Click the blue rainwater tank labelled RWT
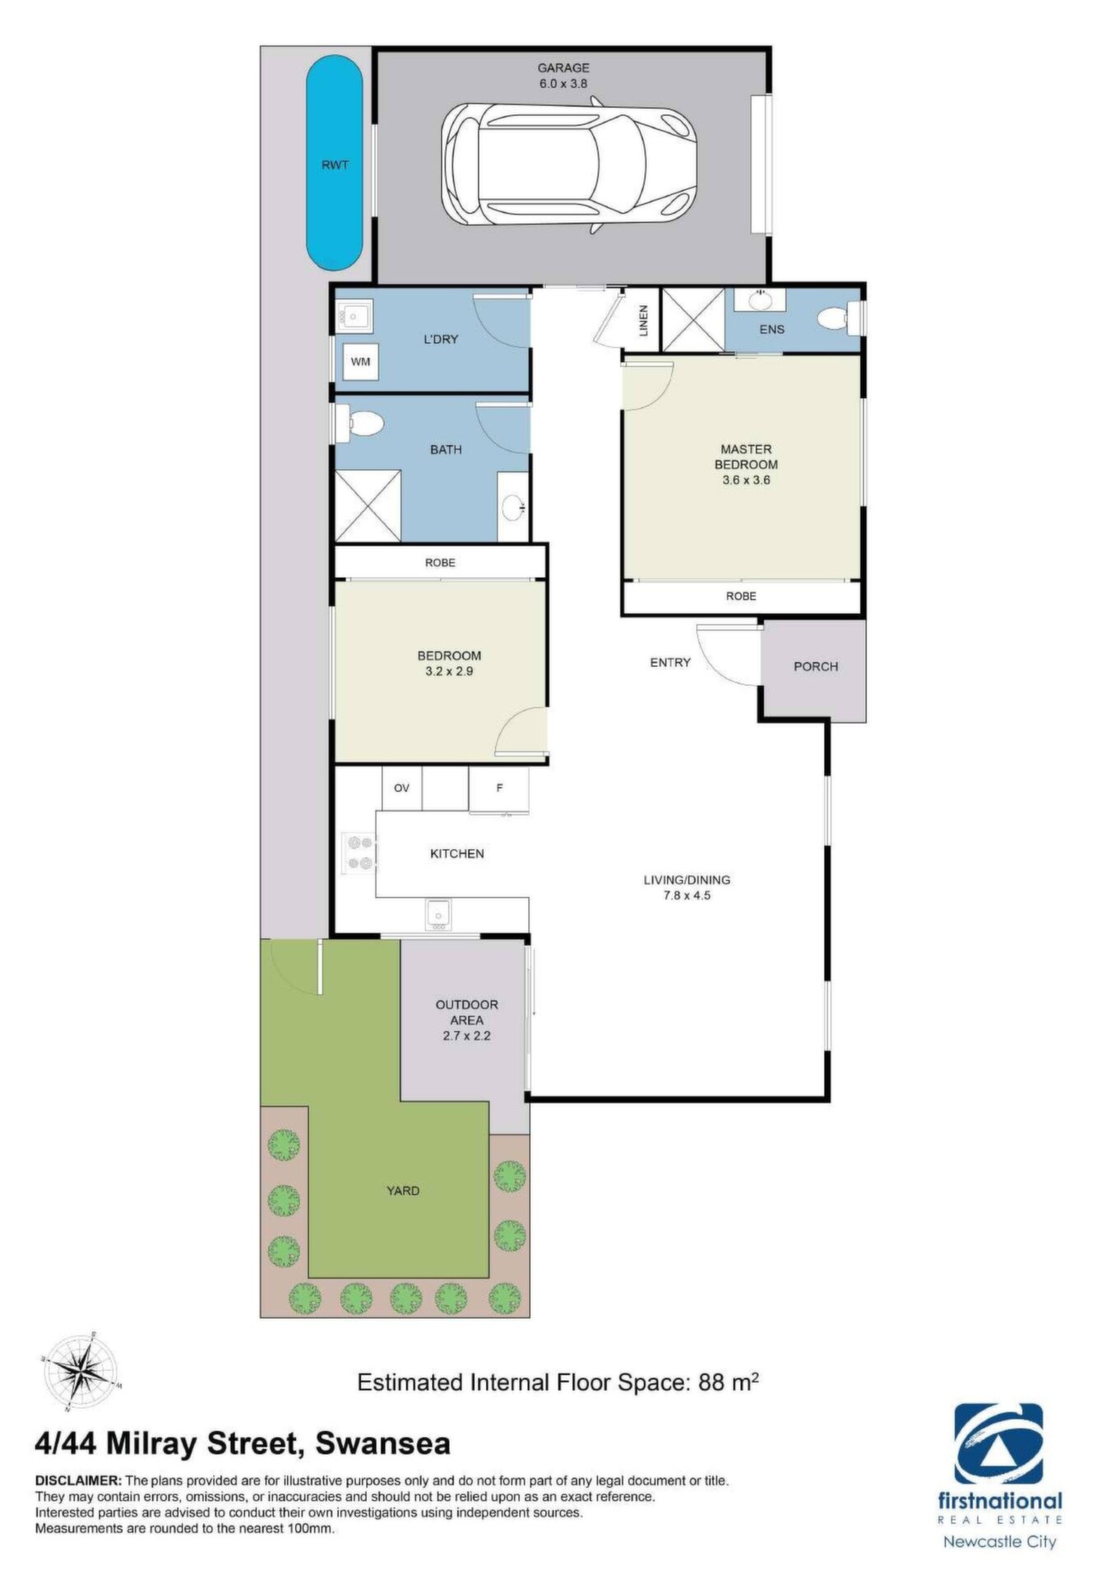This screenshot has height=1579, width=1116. tap(335, 163)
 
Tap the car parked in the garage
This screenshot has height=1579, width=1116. tap(569, 164)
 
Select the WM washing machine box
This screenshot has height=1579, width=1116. tap(360, 361)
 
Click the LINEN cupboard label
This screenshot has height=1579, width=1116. tap(644, 321)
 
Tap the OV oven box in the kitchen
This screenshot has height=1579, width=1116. tap(401, 788)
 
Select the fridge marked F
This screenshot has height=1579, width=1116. tap(498, 789)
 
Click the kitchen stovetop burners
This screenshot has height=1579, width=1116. tap(359, 853)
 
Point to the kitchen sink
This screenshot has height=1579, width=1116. tap(438, 915)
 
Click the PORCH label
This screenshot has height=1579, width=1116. tap(816, 666)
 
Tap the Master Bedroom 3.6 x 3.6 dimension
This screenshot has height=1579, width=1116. tap(746, 480)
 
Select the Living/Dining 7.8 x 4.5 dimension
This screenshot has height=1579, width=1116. tap(687, 896)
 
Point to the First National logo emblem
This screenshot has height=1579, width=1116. tap(998, 1444)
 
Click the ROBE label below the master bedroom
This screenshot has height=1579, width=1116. tap(741, 596)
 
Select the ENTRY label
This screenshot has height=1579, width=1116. tap(670, 662)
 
